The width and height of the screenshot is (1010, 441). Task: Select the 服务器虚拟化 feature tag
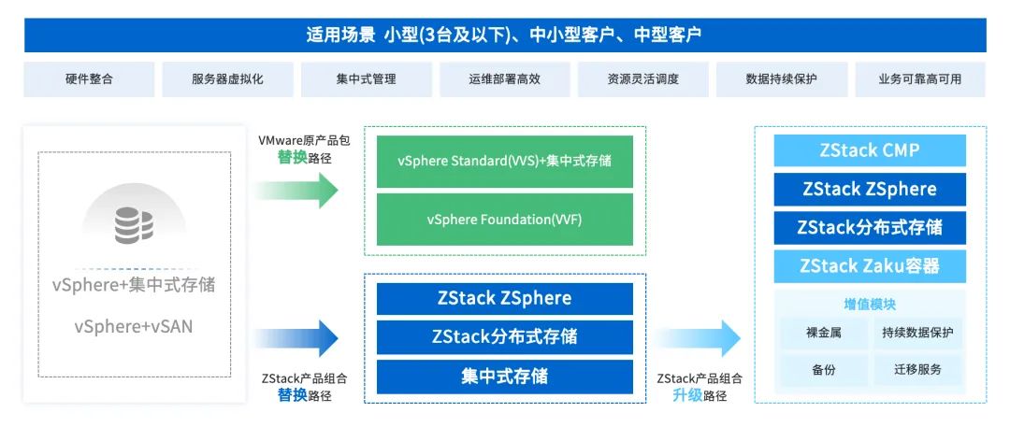point(227,79)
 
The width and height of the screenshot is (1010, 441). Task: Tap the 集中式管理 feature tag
point(366,79)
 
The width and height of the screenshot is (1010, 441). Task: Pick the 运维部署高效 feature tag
point(504,79)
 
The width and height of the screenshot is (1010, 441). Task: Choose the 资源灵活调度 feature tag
point(642,79)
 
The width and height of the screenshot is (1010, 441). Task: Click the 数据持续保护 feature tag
point(782,79)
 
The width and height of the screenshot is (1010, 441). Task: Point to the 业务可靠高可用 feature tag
point(919,79)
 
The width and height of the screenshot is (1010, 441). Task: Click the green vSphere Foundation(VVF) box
point(504,220)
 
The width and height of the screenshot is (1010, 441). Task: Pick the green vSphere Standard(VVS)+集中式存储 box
point(504,161)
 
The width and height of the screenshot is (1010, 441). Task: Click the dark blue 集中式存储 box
point(504,377)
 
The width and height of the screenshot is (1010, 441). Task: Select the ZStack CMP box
point(869,150)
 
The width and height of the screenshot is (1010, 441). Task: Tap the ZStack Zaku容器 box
point(869,266)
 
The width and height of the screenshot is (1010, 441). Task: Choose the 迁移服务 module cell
point(911,370)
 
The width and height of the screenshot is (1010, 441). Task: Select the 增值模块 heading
point(869,305)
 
